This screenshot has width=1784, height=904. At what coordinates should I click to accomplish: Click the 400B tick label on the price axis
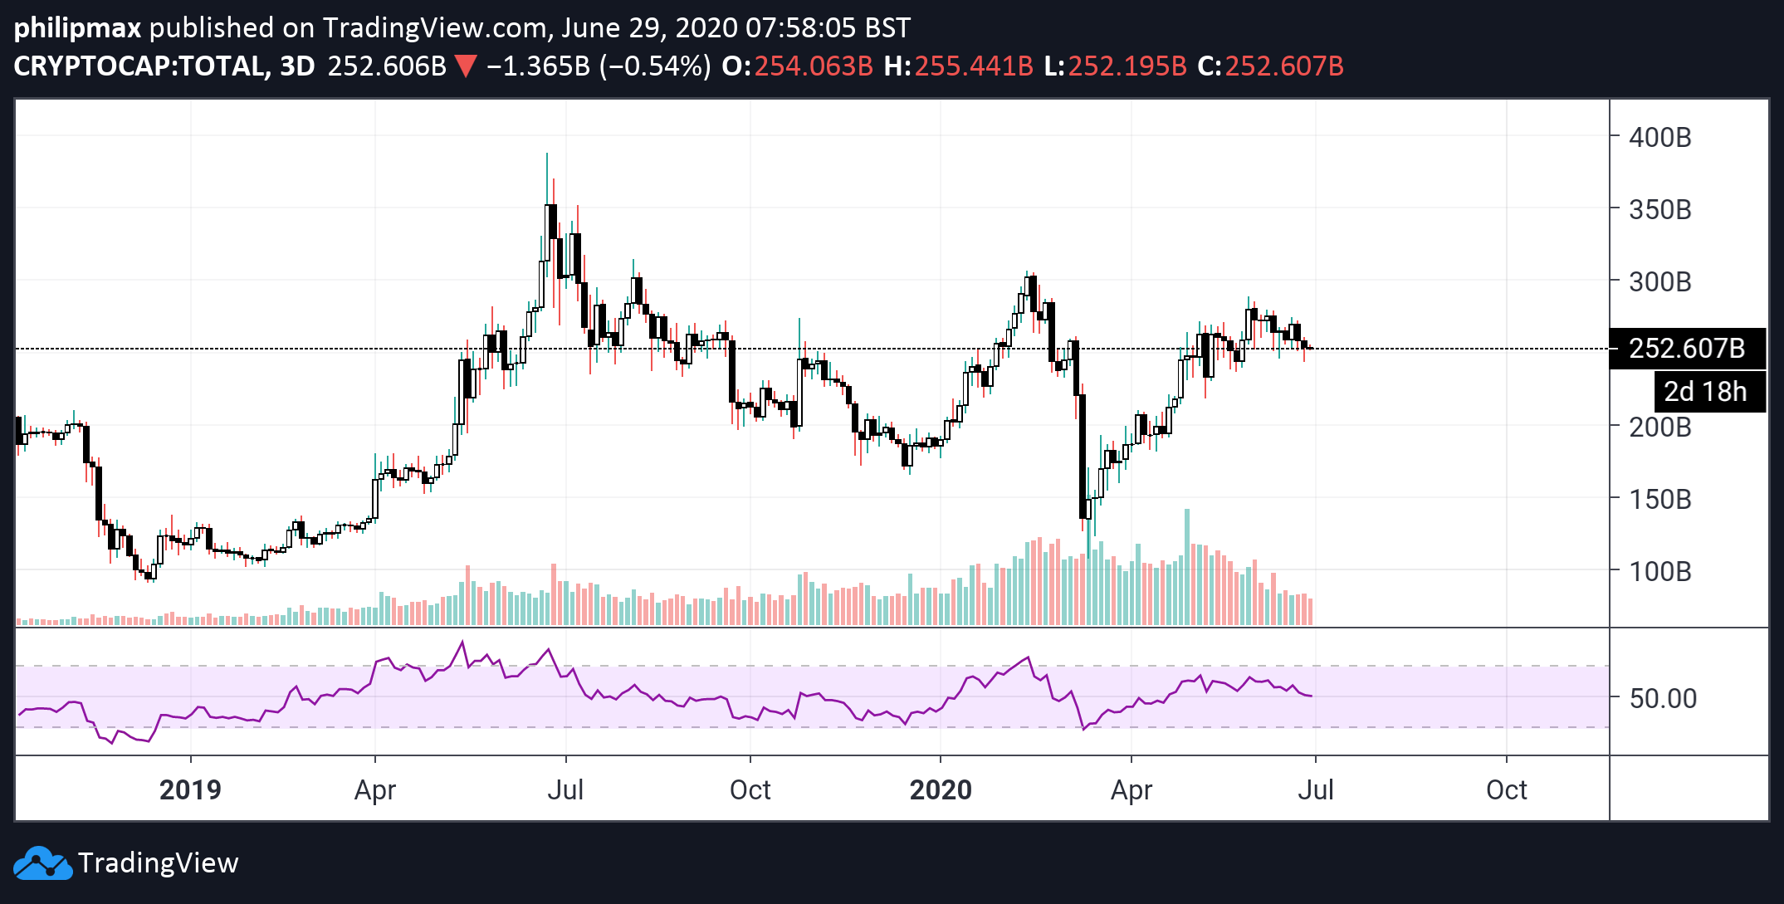click(1659, 137)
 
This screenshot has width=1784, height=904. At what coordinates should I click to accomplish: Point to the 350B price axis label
click(1659, 209)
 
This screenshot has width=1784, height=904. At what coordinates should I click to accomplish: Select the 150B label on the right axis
click(1659, 499)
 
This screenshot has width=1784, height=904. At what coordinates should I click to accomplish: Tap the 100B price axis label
click(1659, 571)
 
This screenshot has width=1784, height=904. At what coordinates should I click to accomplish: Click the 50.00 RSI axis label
click(1663, 698)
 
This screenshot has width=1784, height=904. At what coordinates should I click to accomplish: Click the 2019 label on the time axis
click(190, 789)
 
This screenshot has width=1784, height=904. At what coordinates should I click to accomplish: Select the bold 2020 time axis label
click(941, 789)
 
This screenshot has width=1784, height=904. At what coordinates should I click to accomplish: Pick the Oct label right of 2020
click(1506, 789)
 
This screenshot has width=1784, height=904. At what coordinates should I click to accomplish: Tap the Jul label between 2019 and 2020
click(565, 789)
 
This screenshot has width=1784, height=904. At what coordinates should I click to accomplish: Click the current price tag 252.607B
click(1687, 349)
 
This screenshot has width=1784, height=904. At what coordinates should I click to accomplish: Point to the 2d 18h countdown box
click(1705, 391)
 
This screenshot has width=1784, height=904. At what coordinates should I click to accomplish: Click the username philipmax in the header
click(78, 27)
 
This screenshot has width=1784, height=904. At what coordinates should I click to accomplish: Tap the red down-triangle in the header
click(466, 66)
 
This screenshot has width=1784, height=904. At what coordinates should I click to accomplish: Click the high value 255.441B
click(973, 66)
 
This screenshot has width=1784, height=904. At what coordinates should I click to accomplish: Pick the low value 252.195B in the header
click(1127, 66)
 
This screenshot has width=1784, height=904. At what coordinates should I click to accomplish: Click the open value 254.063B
click(813, 66)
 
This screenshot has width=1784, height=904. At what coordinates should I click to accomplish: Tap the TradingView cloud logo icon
click(43, 863)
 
